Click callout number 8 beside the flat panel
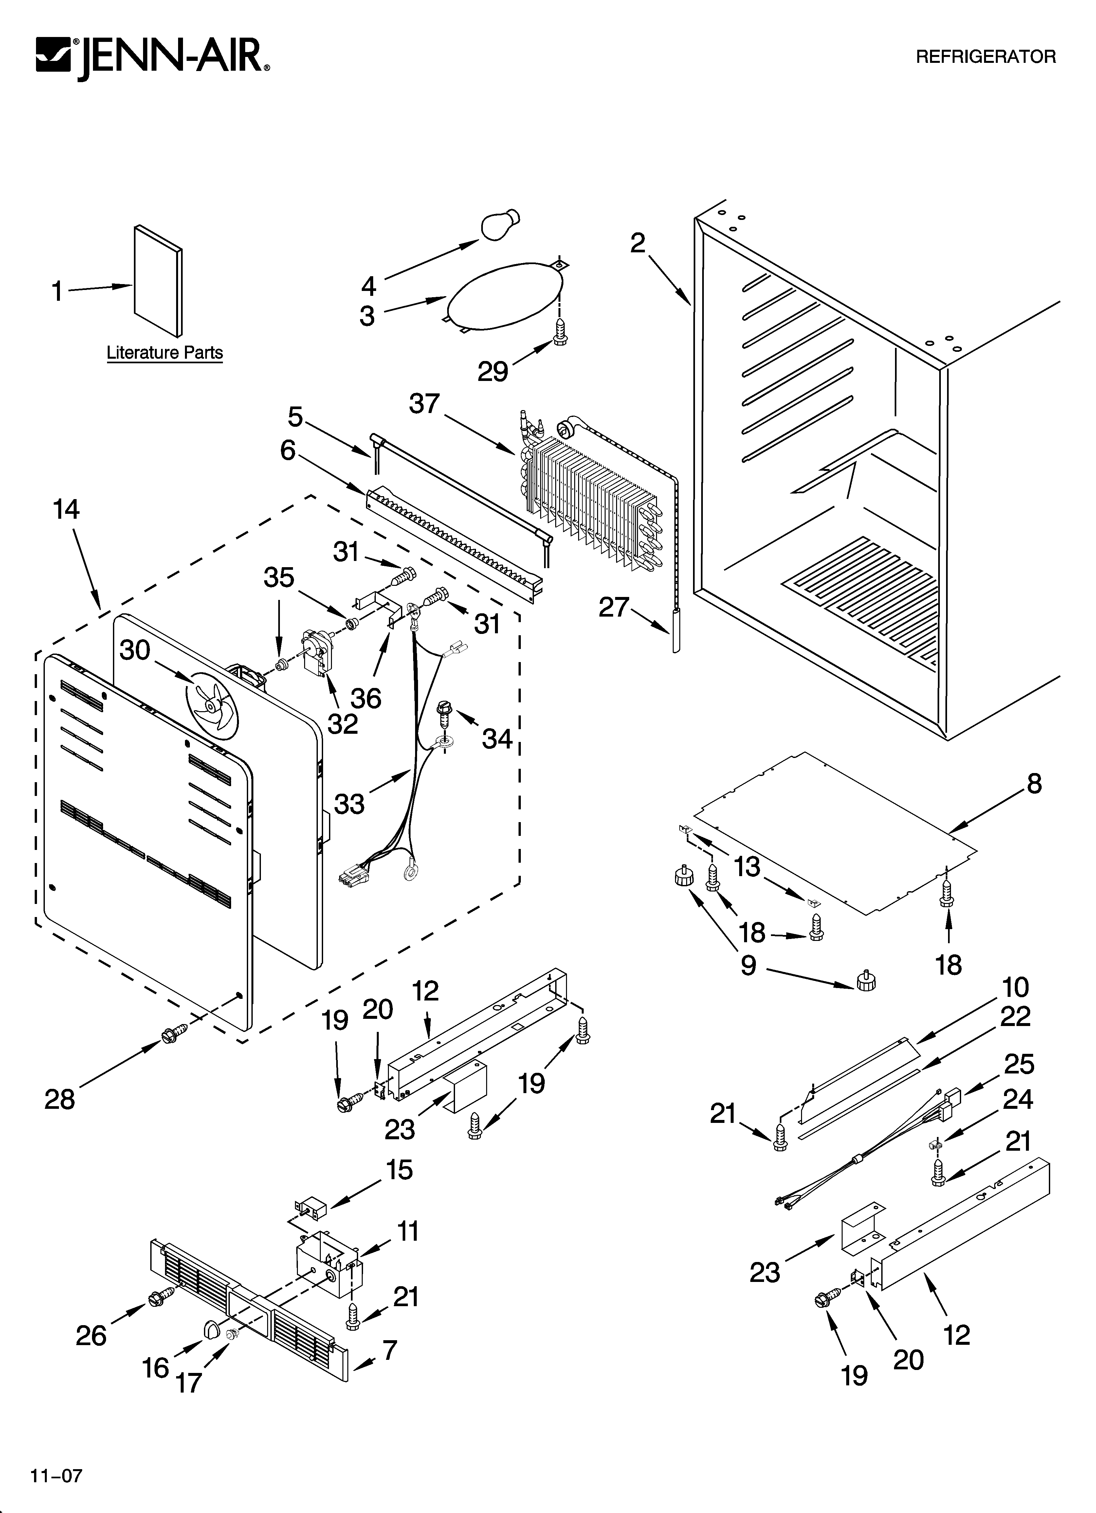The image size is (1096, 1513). click(1034, 784)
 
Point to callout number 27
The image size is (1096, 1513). click(613, 607)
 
